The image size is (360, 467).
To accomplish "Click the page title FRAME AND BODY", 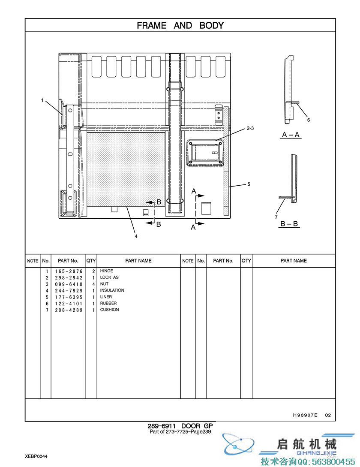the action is (180, 25).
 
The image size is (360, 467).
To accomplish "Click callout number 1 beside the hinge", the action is (42, 100).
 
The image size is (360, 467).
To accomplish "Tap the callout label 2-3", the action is (250, 128).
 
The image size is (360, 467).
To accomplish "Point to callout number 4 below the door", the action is (136, 236).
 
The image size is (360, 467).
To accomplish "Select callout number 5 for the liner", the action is (249, 184).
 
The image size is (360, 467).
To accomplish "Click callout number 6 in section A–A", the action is (309, 120).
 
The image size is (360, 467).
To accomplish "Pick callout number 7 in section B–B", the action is (276, 217).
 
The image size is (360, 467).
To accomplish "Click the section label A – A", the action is (290, 135).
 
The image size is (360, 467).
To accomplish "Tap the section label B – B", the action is (289, 224).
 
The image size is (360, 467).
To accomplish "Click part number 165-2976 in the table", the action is (69, 271).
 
